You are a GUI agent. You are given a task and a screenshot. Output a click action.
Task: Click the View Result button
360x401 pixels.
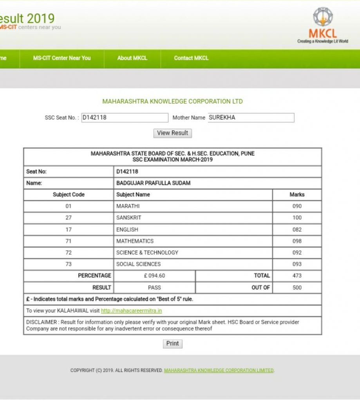pos(172,133)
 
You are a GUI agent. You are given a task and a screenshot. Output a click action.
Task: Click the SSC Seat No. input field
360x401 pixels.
pos(125,117)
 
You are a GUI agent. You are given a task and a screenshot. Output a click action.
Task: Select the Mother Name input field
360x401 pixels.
pos(251,117)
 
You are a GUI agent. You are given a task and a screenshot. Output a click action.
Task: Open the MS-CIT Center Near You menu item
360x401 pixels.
pos(62,58)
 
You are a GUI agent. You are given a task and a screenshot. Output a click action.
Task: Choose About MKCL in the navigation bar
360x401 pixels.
pos(132,58)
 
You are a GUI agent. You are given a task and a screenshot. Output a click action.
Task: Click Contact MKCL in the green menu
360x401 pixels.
pos(191,58)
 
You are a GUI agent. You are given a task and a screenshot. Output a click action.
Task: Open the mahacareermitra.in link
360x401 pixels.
pos(131,311)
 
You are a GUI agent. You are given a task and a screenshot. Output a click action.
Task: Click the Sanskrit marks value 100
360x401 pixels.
pos(297,218)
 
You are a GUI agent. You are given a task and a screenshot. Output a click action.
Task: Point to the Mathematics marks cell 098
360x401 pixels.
pos(297,241)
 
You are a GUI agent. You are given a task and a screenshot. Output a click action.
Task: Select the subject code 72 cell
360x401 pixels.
pos(69,253)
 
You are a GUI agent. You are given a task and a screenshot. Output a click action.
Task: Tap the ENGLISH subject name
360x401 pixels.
pos(127,229)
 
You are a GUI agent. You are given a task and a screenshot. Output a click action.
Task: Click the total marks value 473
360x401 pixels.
pos(297,276)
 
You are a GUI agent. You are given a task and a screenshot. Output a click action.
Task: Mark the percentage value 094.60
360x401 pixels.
pos(155,276)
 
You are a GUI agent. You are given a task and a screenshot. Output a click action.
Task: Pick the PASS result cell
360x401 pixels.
pos(155,287)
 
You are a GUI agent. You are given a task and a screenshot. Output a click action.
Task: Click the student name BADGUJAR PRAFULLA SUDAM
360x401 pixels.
pos(154,183)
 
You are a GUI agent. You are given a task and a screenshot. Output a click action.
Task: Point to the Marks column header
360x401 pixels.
pos(297,195)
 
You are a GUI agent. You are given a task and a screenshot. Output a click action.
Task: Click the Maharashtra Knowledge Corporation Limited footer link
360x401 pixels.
pos(219,370)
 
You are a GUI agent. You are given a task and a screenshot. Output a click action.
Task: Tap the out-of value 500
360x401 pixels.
pos(297,287)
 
